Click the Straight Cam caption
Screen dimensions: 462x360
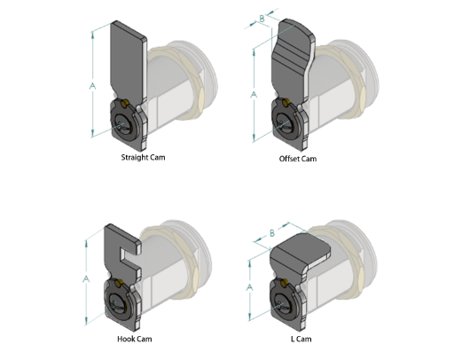(x=143, y=157)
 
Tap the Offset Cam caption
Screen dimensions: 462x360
(x=298, y=159)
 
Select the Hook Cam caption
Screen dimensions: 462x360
(x=135, y=339)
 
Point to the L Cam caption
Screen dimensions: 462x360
(x=301, y=339)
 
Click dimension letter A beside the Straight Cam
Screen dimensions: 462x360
(x=92, y=86)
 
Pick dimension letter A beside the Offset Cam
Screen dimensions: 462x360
(x=254, y=95)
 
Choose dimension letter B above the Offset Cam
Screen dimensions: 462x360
(x=262, y=19)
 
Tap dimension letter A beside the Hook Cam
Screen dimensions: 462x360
(x=86, y=278)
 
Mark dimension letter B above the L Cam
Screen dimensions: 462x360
(x=272, y=233)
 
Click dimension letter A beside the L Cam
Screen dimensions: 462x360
(x=249, y=287)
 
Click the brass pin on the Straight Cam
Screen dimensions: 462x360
(x=124, y=104)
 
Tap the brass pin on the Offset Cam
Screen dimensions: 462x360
(x=286, y=103)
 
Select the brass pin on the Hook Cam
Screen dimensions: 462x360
(x=119, y=284)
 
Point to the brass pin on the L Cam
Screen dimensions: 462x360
(x=284, y=284)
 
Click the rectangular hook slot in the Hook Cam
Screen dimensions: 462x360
(x=128, y=255)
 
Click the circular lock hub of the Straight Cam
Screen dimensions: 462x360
(x=124, y=121)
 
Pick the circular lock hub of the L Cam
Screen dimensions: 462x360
(x=284, y=302)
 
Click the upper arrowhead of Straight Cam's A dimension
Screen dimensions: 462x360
(x=93, y=35)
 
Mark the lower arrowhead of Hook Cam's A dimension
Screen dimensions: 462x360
(x=86, y=320)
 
